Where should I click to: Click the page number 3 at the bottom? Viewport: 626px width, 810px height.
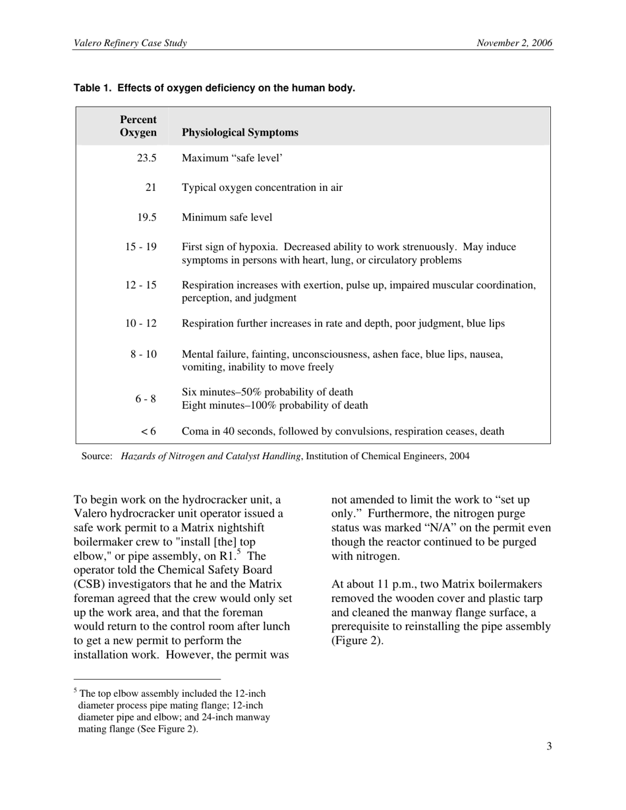click(x=549, y=746)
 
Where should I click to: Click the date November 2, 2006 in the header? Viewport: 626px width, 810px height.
click(x=515, y=43)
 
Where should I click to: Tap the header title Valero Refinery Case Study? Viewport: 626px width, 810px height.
click(x=130, y=43)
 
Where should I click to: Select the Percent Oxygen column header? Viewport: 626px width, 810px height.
click(x=138, y=126)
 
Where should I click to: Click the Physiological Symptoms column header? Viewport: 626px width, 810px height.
click(x=240, y=132)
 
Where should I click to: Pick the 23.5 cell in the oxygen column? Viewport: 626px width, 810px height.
click(x=146, y=158)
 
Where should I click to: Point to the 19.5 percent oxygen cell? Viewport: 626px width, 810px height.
click(x=146, y=217)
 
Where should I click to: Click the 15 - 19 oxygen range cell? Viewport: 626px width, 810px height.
click(x=141, y=247)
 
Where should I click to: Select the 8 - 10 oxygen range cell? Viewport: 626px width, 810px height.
click(x=143, y=354)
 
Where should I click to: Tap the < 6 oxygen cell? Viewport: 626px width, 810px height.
click(x=148, y=431)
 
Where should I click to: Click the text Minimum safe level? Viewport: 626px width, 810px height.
click(x=227, y=217)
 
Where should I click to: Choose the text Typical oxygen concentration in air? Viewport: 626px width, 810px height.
click(x=262, y=188)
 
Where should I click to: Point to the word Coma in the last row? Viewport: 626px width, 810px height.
click(x=194, y=431)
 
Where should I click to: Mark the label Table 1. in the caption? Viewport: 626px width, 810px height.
click(x=93, y=88)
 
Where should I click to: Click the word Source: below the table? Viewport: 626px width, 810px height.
click(x=97, y=456)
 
